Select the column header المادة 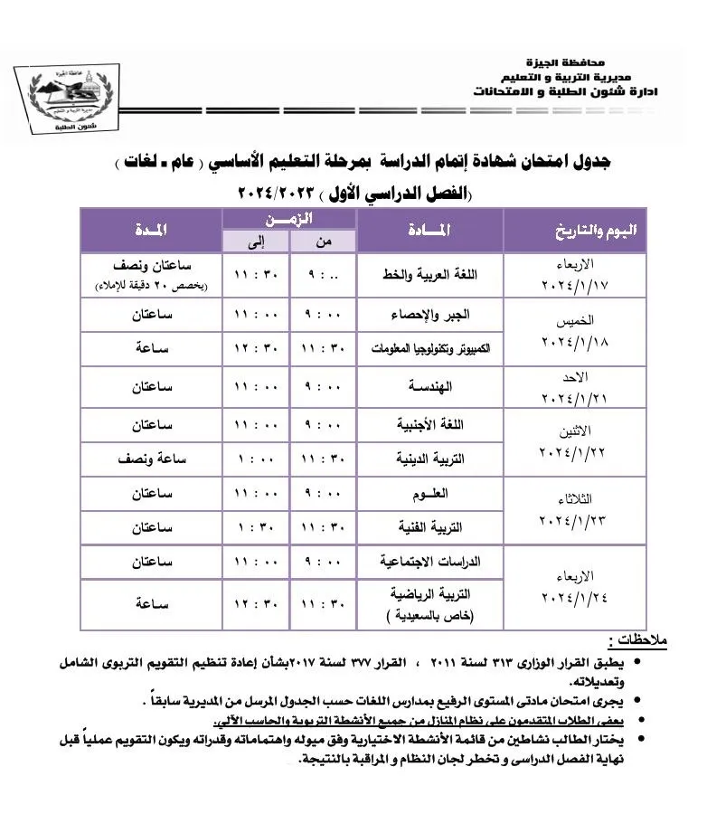pos(429,232)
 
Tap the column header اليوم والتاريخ pos(594,232)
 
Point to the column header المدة pos(150,232)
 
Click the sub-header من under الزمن pos(323,242)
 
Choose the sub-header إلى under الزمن pos(256,242)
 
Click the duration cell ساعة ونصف pos(151,459)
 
